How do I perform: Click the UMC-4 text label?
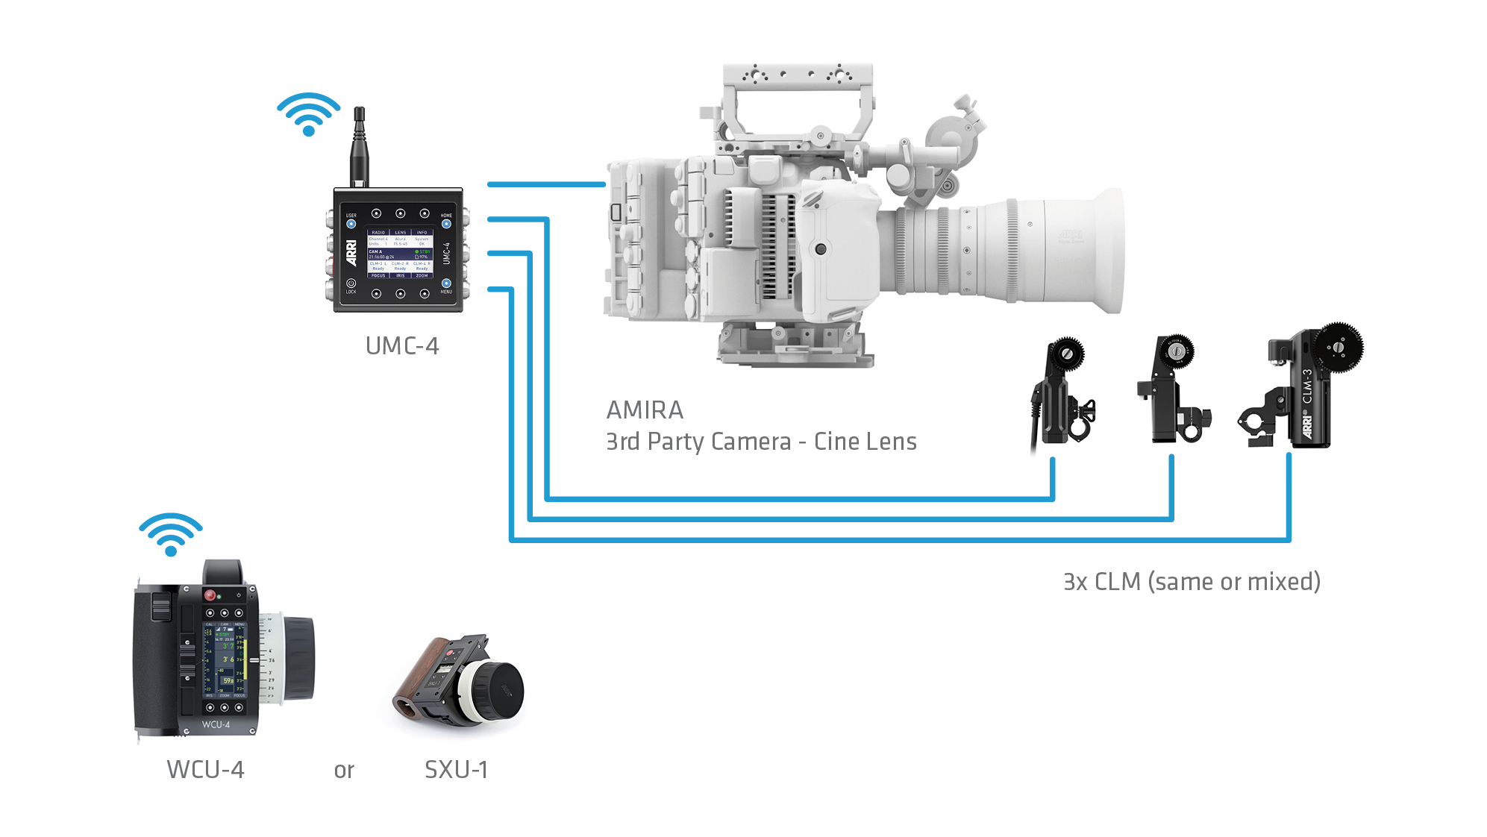tap(401, 346)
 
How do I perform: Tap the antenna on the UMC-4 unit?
tap(359, 146)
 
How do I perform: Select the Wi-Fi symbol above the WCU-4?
tap(170, 534)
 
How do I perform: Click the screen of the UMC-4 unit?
tap(400, 254)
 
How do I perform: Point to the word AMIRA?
tap(644, 410)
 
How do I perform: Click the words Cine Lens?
tap(865, 442)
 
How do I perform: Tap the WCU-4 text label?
tap(205, 770)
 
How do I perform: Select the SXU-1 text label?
tap(456, 770)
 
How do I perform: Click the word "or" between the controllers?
tap(344, 771)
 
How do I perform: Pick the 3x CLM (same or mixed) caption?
tap(1192, 582)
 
